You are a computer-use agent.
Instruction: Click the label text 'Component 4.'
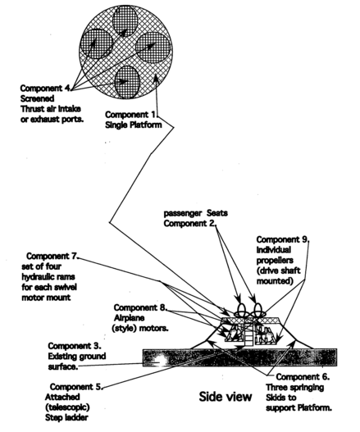point(46,89)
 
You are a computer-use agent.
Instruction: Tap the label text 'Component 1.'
point(131,115)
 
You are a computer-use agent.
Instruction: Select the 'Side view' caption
point(226,397)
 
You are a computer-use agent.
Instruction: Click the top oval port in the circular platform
point(125,21)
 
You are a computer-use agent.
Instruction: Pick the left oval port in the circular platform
point(97,44)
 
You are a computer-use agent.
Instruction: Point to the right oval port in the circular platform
point(153,48)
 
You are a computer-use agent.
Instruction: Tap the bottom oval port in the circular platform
point(127,82)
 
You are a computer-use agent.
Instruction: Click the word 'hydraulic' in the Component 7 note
point(48,277)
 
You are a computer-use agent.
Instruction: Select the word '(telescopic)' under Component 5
point(67,407)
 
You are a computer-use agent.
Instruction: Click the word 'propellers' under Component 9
point(275,261)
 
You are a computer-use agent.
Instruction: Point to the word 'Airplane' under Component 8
point(129,318)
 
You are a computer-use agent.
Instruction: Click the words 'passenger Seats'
point(196,213)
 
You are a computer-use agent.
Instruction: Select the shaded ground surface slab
point(239,357)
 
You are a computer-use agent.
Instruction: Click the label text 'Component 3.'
point(75,346)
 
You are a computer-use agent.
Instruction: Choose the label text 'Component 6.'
point(303,377)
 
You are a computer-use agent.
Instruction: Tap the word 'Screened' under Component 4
point(37,98)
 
